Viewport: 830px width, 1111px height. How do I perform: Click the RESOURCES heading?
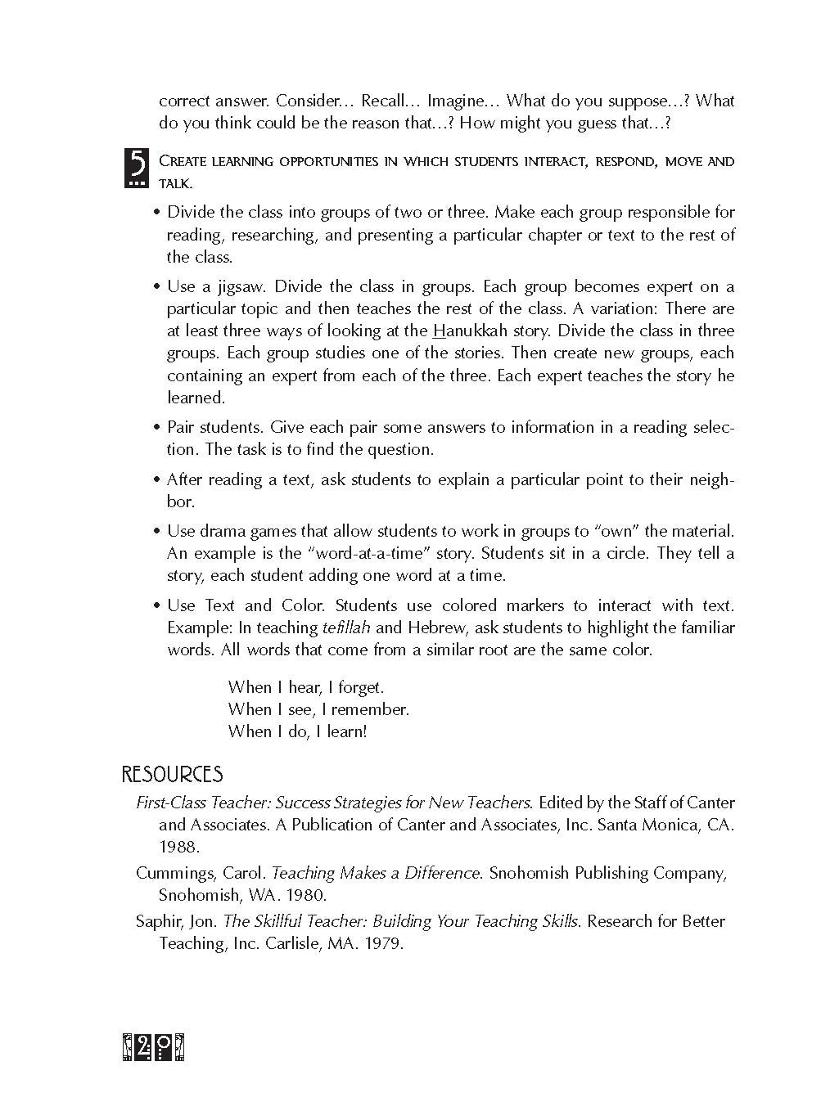tap(172, 775)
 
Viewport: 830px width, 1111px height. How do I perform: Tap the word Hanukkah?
tap(466, 331)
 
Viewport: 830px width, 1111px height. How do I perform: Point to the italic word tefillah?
tap(346, 628)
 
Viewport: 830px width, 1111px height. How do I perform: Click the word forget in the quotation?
tap(360, 688)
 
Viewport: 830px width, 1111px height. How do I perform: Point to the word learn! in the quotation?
tap(347, 732)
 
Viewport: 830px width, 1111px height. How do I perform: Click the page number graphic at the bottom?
tap(153, 1048)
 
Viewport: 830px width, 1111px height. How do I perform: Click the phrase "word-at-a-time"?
tap(369, 554)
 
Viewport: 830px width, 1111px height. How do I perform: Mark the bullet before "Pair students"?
tap(157, 428)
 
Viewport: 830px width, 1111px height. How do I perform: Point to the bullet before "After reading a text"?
tap(157, 480)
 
